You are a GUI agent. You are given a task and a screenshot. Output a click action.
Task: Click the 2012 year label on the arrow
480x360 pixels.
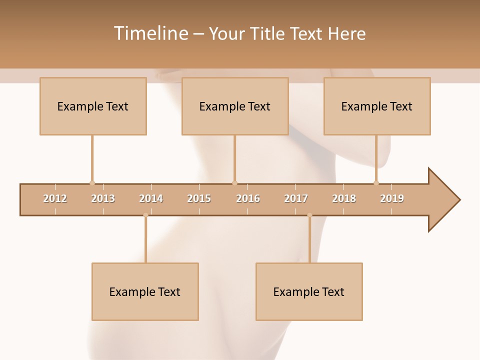[x=55, y=198]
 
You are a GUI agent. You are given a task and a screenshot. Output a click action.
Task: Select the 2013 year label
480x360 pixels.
[x=103, y=198]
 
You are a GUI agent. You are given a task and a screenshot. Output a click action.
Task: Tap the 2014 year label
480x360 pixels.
[x=151, y=198]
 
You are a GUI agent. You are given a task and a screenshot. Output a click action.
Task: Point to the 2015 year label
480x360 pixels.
[x=199, y=198]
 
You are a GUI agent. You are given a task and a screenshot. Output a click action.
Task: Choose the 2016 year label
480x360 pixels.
[x=248, y=198]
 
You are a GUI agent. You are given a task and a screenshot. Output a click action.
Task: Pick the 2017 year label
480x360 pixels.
[x=296, y=198]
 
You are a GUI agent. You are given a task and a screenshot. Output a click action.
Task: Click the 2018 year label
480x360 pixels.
[x=344, y=198]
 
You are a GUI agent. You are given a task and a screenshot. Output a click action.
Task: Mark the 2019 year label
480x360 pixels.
[x=392, y=198]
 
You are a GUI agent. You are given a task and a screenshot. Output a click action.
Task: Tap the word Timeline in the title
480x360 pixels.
[x=151, y=33]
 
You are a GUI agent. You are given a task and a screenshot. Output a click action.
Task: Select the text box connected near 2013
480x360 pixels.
[x=93, y=106]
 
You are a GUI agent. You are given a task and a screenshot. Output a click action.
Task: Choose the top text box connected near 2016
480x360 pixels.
[x=235, y=106]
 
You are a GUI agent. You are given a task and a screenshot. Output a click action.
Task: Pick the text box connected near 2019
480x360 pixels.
[x=377, y=106]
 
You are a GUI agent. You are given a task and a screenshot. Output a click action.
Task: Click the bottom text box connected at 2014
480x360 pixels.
[x=145, y=291]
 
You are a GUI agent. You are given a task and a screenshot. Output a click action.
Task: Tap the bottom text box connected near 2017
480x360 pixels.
[x=309, y=291]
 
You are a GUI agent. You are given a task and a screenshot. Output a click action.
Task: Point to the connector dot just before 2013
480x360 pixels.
[x=92, y=183]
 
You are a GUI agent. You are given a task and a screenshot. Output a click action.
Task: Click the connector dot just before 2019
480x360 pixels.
[x=376, y=183]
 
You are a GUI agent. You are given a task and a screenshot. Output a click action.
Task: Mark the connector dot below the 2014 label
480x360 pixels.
[x=145, y=215]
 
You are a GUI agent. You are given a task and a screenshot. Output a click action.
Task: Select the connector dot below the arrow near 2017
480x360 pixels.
[x=309, y=215]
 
